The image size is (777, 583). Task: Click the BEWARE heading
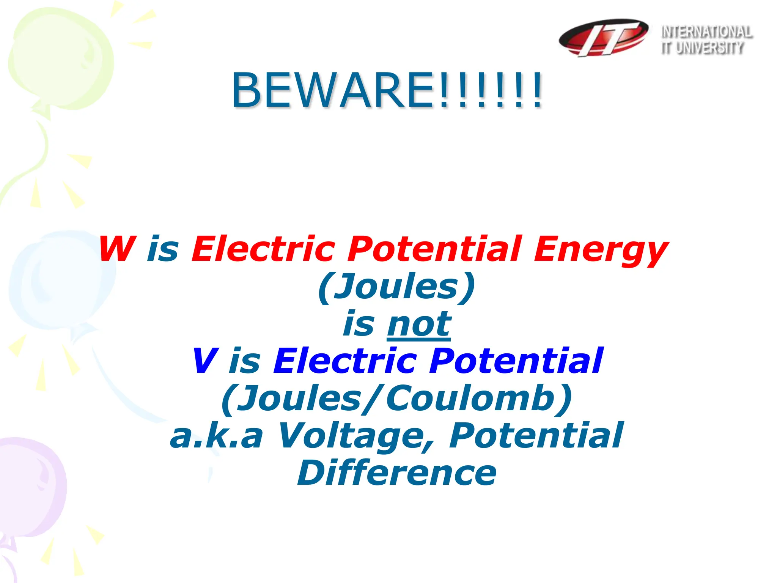pos(387,91)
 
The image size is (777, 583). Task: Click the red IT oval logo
pos(603,37)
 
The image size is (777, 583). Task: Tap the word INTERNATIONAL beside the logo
pos(706,32)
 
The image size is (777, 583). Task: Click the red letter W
pos(116,249)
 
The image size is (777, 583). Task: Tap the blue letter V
pos(205,361)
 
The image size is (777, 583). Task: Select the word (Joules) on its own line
pos(396,287)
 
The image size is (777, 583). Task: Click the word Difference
pos(396,473)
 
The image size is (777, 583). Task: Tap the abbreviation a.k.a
pos(216,436)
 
